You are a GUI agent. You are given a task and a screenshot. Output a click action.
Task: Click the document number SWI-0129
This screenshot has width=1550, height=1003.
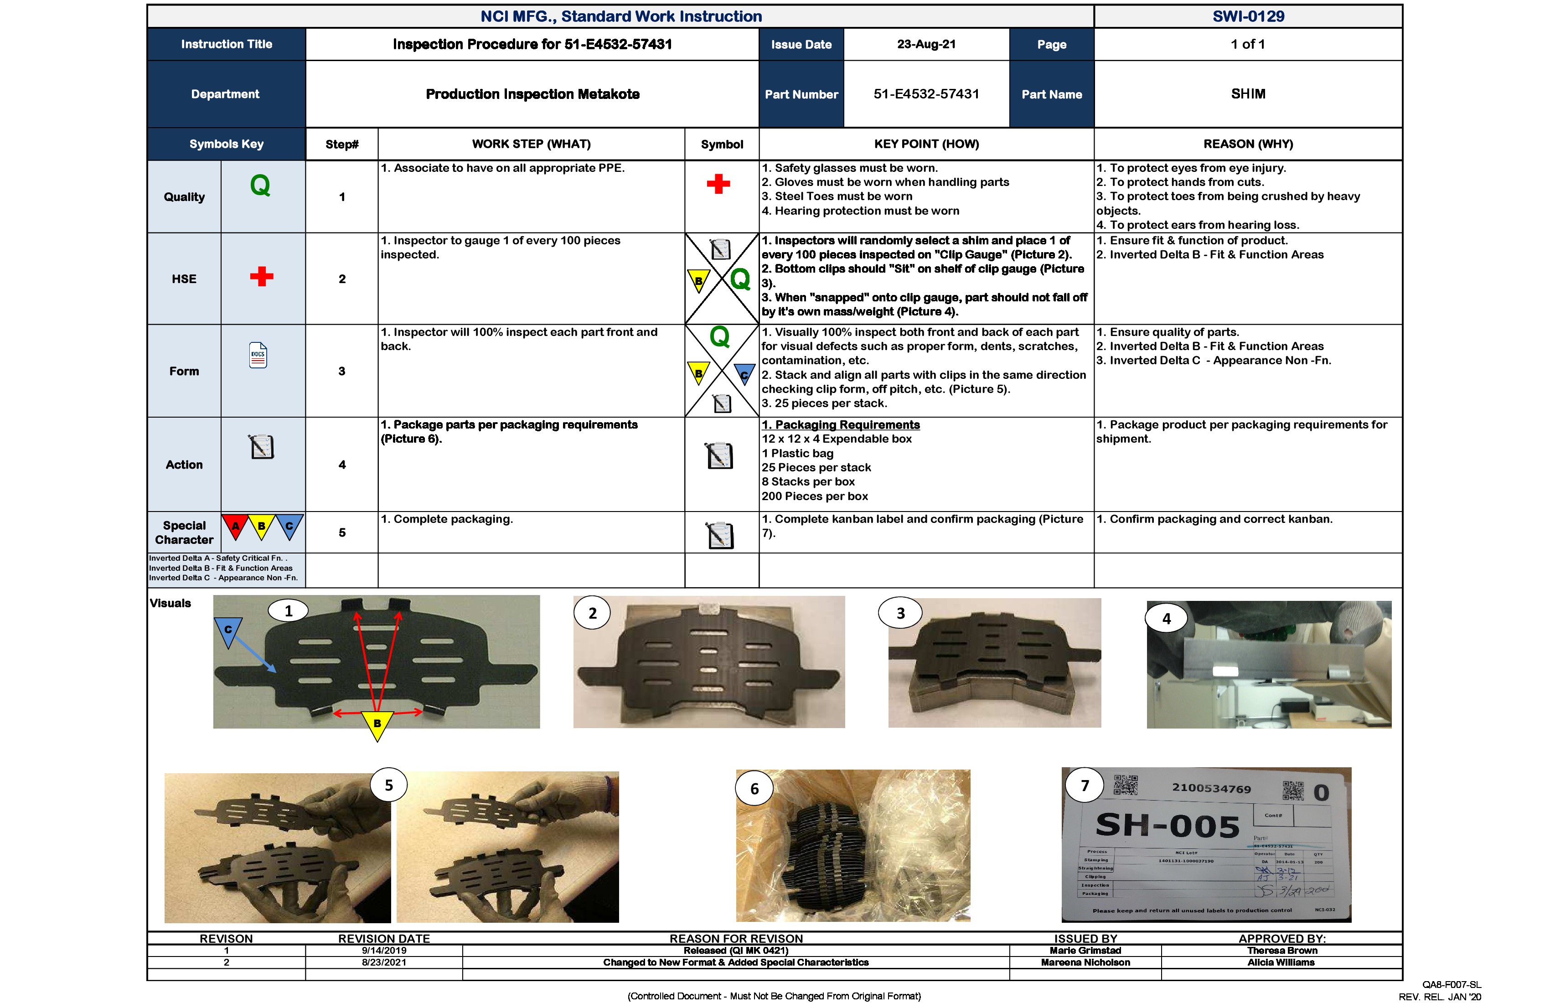pyautogui.click(x=1248, y=16)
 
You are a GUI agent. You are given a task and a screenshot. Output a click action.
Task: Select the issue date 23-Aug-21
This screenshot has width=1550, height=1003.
pyautogui.click(x=926, y=44)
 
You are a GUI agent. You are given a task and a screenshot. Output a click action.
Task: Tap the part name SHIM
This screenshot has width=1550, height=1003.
pyautogui.click(x=1248, y=94)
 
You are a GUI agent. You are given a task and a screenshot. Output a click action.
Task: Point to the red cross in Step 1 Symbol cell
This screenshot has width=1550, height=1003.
pyautogui.click(x=718, y=184)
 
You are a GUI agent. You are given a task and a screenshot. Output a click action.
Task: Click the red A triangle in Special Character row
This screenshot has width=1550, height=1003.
pyautogui.click(x=236, y=525)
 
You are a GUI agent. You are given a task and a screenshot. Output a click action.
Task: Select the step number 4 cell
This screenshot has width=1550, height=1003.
pyautogui.click(x=342, y=465)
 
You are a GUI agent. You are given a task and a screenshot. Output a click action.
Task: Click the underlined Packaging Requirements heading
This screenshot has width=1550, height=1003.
pyautogui.click(x=841, y=424)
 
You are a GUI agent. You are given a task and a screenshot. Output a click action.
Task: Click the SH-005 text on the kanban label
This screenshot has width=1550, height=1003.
pyautogui.click(x=1167, y=826)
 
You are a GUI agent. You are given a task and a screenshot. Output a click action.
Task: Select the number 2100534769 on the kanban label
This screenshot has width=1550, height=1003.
pyautogui.click(x=1211, y=788)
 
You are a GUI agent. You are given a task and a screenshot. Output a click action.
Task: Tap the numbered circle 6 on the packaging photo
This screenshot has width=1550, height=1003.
pyautogui.click(x=754, y=789)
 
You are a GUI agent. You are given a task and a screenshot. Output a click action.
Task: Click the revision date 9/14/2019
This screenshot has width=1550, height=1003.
pyautogui.click(x=384, y=950)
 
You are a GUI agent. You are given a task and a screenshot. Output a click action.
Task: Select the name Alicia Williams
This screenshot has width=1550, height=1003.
pyautogui.click(x=1281, y=962)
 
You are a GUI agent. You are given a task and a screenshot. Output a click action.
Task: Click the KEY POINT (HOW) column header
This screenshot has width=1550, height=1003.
pyautogui.click(x=926, y=144)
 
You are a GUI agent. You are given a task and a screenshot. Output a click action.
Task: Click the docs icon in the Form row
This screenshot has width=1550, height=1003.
pyautogui.click(x=258, y=356)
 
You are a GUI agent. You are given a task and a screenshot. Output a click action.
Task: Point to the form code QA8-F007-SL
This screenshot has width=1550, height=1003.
pyautogui.click(x=1452, y=985)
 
